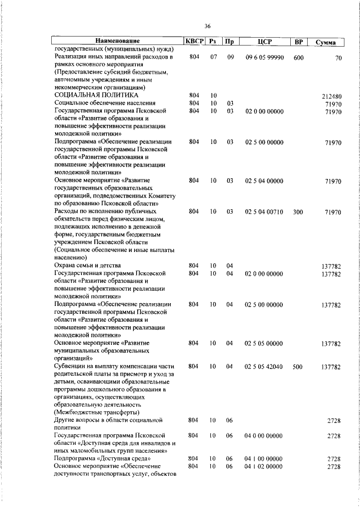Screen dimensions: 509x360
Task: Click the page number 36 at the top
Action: (x=207, y=26)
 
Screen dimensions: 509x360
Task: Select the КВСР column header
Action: (x=194, y=42)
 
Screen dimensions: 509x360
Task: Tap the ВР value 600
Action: (x=299, y=57)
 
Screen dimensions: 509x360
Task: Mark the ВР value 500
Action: (x=298, y=366)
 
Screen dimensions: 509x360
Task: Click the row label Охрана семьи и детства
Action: (x=87, y=265)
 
